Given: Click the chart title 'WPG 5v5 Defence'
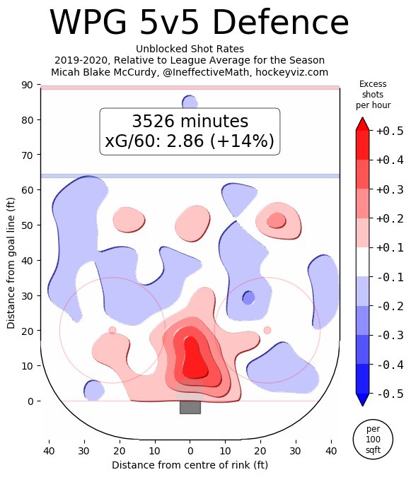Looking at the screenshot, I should pyautogui.click(x=190, y=24).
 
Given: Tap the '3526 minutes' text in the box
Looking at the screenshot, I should pyautogui.click(x=190, y=121).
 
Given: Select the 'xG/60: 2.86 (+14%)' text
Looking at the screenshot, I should pyautogui.click(x=190, y=141).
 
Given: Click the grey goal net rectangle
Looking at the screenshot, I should pyautogui.click(x=190, y=407).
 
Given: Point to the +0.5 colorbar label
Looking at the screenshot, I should pyautogui.click(x=389, y=131).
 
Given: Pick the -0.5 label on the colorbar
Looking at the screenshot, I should pyautogui.click(x=389, y=394).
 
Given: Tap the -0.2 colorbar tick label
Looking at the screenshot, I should pyautogui.click(x=389, y=306).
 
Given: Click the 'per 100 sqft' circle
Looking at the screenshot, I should pyautogui.click(x=373, y=440).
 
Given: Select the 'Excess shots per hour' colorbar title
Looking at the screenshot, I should pyautogui.click(x=373, y=94).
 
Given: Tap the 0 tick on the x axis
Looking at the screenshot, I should pyautogui.click(x=190, y=449).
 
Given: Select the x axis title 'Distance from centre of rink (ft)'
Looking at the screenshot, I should pyautogui.click(x=190, y=465).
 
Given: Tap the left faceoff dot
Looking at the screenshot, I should pyautogui.click(x=112, y=330).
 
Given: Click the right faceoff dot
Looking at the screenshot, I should pyautogui.click(x=267, y=330).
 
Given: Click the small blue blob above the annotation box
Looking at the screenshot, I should pyautogui.click(x=190, y=102).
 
